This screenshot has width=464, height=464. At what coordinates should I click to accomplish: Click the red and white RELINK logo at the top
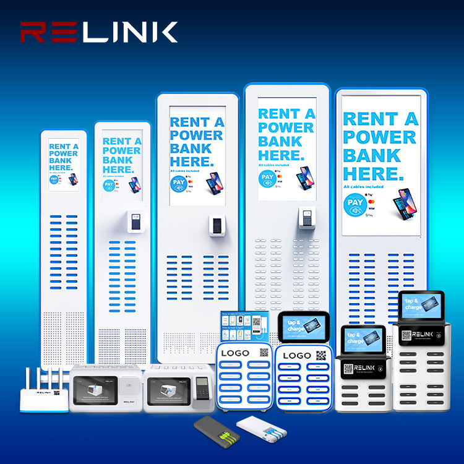[99, 32]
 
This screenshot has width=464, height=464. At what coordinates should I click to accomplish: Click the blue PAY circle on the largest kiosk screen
[355, 205]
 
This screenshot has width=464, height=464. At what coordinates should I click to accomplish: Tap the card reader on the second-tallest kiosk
[305, 216]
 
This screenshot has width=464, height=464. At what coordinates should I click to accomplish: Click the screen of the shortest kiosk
[64, 164]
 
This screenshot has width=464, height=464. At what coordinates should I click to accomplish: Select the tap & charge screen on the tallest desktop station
[421, 305]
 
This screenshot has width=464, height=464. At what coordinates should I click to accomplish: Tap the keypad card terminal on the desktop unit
[199, 391]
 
